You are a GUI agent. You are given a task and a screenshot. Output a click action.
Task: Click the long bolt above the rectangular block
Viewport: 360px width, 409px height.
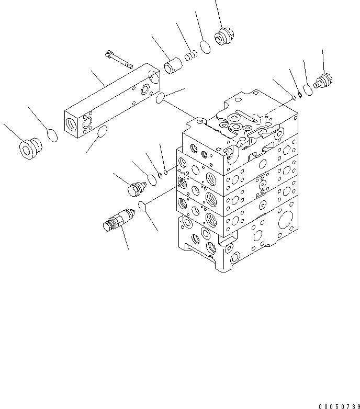click(x=120, y=59)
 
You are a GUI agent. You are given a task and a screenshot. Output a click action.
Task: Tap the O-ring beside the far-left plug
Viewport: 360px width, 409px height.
click(x=52, y=135)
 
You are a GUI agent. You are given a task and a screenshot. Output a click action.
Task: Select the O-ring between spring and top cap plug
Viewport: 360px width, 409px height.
click(x=206, y=47)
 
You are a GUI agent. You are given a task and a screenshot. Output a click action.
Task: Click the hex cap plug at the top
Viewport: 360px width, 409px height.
click(x=225, y=37)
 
